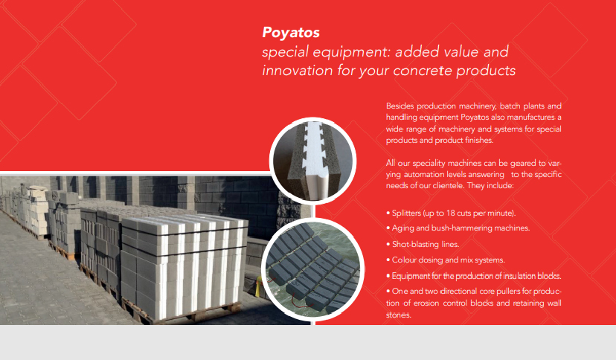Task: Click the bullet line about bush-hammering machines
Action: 458,228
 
